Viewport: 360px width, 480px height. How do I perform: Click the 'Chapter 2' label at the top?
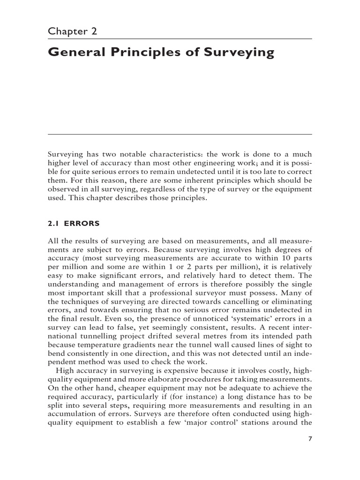pyautogui.click(x=72, y=31)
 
